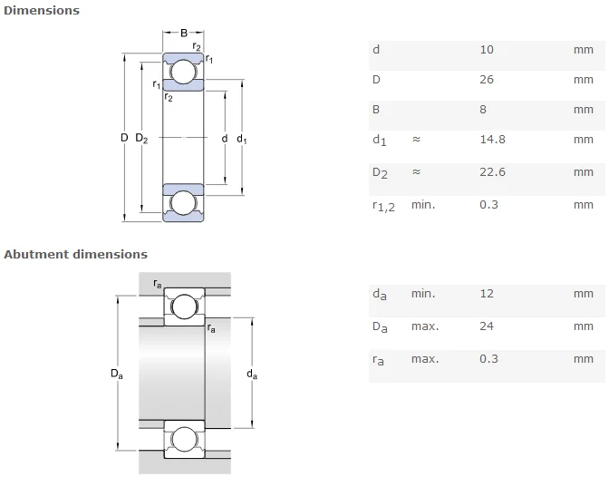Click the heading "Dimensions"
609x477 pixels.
click(x=42, y=11)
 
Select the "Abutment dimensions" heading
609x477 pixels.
click(x=76, y=254)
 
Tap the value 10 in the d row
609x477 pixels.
click(x=487, y=50)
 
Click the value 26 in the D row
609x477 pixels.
click(x=487, y=80)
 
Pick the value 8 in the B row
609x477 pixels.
click(x=483, y=110)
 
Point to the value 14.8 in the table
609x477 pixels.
click(x=492, y=140)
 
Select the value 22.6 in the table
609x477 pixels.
click(x=492, y=172)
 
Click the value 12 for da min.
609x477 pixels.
click(x=487, y=294)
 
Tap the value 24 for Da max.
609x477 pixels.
click(x=487, y=326)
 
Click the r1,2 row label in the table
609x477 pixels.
click(x=383, y=206)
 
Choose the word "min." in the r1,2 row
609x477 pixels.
click(x=423, y=205)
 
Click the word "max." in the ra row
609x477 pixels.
click(x=425, y=359)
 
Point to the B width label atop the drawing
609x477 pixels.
click(x=184, y=33)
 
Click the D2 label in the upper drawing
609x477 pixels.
click(x=141, y=138)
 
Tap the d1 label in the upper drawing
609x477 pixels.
click(x=242, y=139)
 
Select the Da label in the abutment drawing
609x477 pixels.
click(x=117, y=374)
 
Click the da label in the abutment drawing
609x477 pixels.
click(x=252, y=375)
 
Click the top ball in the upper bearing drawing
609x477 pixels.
click(x=183, y=72)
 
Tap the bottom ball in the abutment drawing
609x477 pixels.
click(x=184, y=439)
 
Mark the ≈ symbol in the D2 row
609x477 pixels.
click(x=416, y=171)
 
